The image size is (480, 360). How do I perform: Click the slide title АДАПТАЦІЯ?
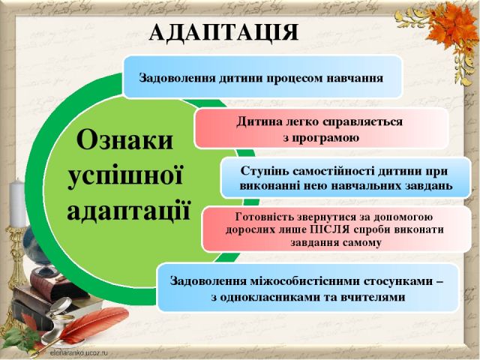[x=224, y=32]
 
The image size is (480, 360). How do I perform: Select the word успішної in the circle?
[x=125, y=174]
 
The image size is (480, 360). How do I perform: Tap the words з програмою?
[x=321, y=137]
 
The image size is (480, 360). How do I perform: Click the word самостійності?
[x=328, y=169]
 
